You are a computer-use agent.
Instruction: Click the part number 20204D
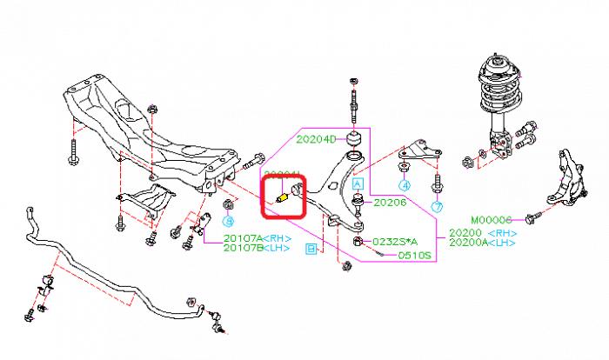click(316, 137)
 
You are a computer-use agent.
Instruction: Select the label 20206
click(391, 203)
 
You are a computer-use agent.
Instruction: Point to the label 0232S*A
click(396, 241)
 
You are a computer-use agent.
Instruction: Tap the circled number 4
click(404, 185)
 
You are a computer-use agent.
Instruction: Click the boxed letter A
click(356, 183)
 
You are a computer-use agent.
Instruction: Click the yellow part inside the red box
click(281, 197)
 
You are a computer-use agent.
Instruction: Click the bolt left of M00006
click(542, 212)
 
